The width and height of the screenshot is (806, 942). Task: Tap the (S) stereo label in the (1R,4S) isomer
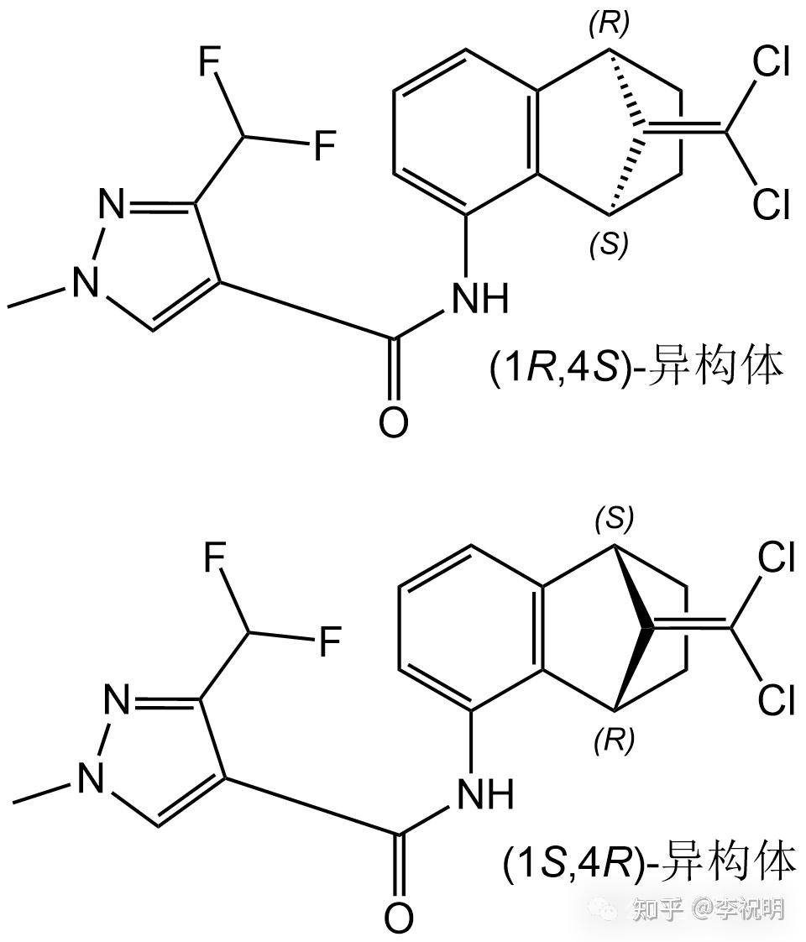(610, 243)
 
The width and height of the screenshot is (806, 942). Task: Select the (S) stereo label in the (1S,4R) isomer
(614, 519)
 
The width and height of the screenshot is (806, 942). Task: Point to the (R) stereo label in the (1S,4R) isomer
(614, 739)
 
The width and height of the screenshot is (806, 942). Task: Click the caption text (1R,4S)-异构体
(636, 368)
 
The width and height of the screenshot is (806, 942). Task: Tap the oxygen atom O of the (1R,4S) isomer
(392, 422)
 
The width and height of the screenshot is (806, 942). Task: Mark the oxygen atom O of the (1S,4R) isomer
(399, 917)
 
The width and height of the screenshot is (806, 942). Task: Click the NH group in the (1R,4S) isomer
(480, 298)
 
